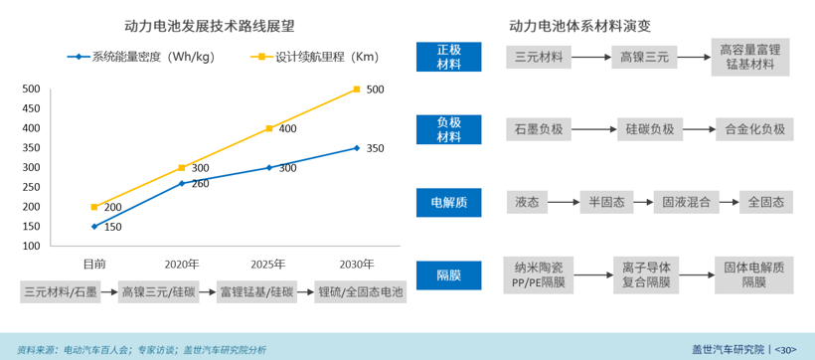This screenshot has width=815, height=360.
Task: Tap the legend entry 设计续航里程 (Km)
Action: [x=313, y=57]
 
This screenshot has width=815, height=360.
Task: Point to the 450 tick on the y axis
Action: [x=31, y=108]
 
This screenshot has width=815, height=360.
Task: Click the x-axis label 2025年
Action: [x=267, y=265]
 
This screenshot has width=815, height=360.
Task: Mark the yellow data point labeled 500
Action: [x=356, y=90]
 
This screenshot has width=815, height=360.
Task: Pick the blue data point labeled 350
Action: [x=356, y=148]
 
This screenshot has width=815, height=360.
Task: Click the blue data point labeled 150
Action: [x=94, y=227]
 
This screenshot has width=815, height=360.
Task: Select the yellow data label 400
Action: [x=287, y=128]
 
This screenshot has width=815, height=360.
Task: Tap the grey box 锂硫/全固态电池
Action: [x=360, y=292]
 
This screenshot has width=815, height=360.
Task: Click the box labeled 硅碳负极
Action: [x=649, y=129]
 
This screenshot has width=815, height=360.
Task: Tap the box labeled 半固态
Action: [x=602, y=202]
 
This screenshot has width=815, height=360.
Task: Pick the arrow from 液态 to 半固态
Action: [x=564, y=202]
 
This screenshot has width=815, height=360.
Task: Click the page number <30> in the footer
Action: [x=785, y=349]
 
